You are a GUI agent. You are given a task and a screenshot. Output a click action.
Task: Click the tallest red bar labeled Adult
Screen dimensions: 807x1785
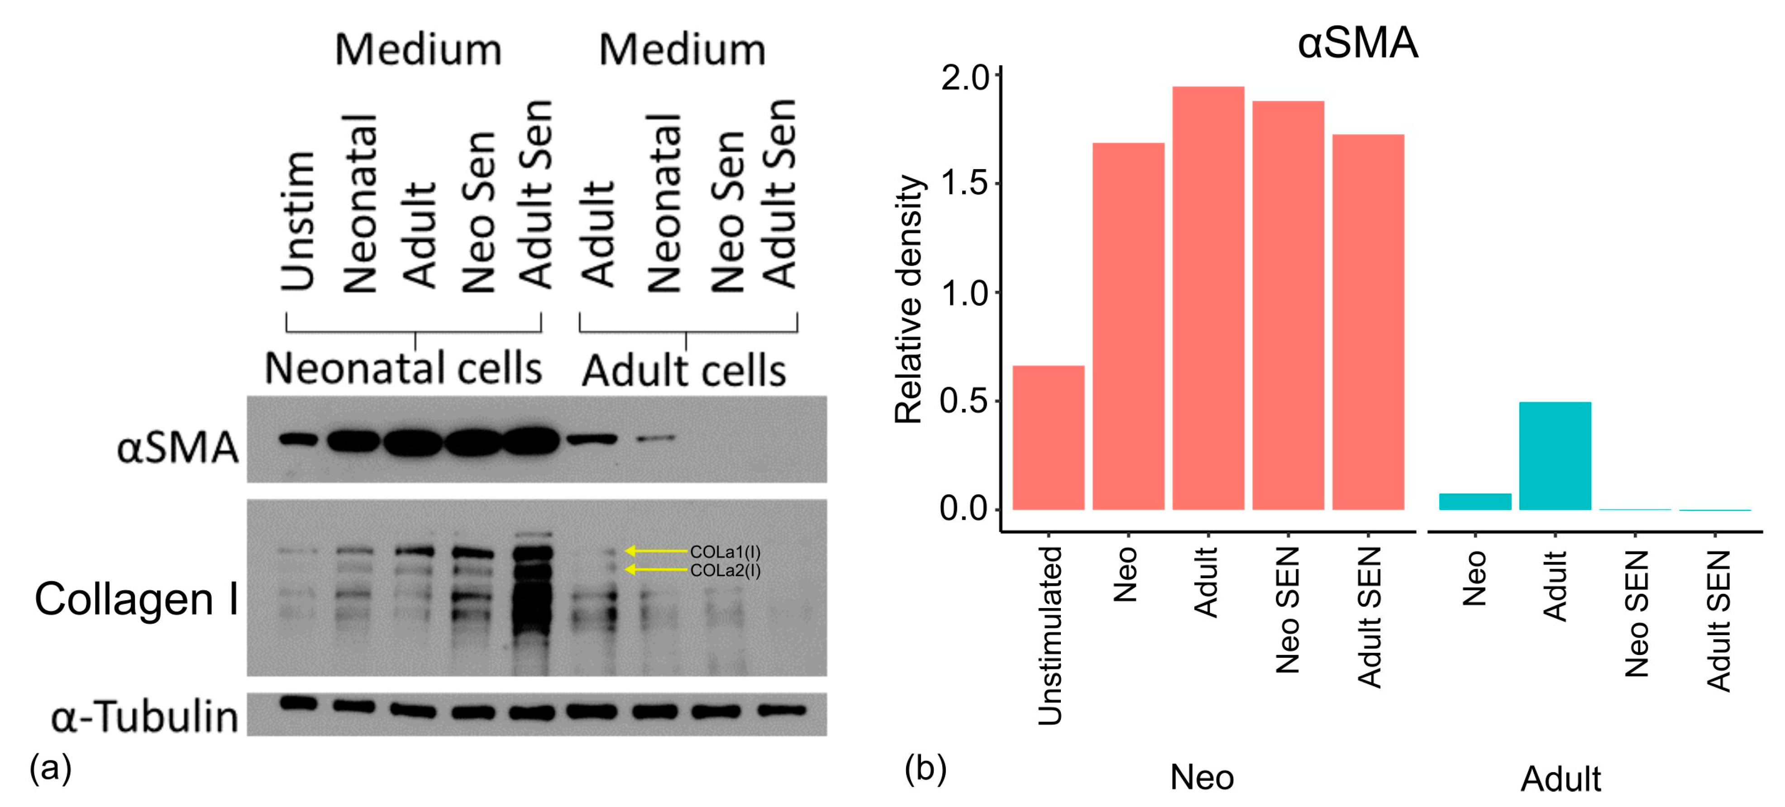tap(1208, 298)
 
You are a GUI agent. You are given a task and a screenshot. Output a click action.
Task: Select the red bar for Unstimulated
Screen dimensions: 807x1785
tap(1048, 438)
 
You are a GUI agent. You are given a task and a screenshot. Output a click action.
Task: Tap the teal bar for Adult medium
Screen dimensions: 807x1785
tap(1555, 456)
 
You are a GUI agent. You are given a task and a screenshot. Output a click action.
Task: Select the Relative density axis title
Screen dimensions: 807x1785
tap(909, 299)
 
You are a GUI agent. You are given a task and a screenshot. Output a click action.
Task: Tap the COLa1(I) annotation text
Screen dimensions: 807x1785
tap(725, 552)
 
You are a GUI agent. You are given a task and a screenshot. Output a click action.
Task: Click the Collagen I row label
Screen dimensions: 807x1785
tap(137, 598)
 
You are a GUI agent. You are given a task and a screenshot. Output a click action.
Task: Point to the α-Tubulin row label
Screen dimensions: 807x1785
tap(144, 716)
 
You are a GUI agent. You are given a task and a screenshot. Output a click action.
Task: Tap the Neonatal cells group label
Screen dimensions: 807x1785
tap(403, 369)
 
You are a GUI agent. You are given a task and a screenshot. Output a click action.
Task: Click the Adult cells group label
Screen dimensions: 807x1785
tap(683, 371)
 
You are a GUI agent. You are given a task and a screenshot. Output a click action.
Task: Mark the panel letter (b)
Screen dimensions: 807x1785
tap(925, 768)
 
